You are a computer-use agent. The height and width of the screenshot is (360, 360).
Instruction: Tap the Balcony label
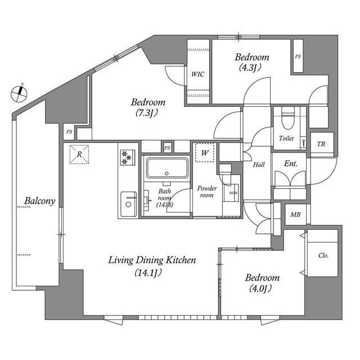pos(39,201)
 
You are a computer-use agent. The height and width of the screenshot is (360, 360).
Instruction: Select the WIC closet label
pos(197,74)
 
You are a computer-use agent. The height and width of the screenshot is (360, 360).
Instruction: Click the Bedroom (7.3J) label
pos(148,107)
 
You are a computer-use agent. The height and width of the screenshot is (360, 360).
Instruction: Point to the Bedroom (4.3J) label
pos(251,62)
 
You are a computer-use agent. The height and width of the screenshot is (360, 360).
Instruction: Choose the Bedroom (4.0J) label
pos(262,283)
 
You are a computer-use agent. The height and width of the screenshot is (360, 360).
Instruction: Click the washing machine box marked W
pos(205,152)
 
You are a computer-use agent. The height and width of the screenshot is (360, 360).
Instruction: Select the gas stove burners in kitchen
pos(128,157)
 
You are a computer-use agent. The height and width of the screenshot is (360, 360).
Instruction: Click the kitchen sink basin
pos(129,202)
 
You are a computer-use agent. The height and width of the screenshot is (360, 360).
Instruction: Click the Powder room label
pos(207,191)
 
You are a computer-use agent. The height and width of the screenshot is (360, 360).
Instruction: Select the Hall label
pos(259,165)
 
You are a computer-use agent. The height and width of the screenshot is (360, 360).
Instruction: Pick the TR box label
pos(322,143)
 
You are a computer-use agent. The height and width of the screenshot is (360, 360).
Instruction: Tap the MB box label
pos(295,214)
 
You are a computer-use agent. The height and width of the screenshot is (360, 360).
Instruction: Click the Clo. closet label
pos(323,255)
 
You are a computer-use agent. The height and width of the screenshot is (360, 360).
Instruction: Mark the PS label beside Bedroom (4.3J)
pos(298,56)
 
